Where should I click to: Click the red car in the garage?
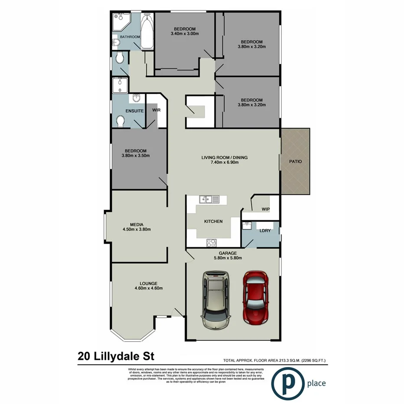256,298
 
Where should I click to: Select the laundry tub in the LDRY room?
248,225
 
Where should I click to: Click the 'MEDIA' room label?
139,224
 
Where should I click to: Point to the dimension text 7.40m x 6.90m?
225,163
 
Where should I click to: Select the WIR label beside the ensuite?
156,110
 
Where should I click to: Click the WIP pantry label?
266,209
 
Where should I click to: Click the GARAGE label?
227,253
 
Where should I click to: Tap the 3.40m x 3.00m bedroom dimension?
185,33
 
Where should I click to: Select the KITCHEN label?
213,221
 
